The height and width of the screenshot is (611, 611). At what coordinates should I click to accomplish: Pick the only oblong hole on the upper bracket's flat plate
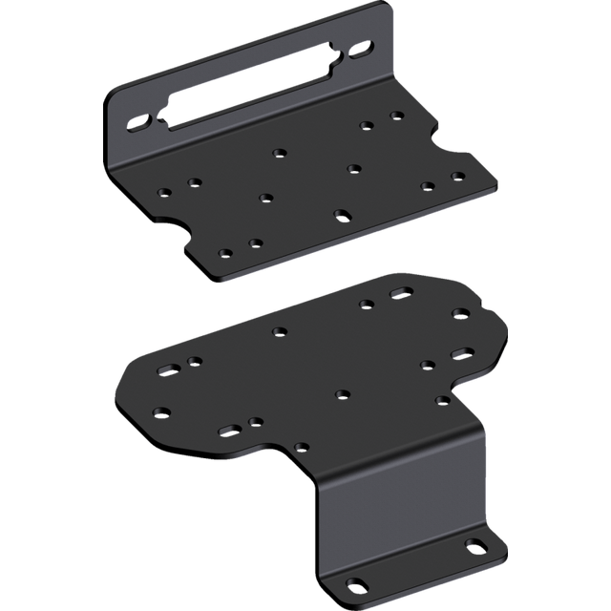coord(341,213)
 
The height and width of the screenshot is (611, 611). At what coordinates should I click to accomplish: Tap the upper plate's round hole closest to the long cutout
coord(280,152)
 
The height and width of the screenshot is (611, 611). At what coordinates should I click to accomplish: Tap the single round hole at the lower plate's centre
coord(341,393)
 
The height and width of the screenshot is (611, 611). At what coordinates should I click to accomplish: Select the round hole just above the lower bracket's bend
coord(302,445)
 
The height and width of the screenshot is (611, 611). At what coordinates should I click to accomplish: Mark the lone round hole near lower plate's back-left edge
coord(280,332)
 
